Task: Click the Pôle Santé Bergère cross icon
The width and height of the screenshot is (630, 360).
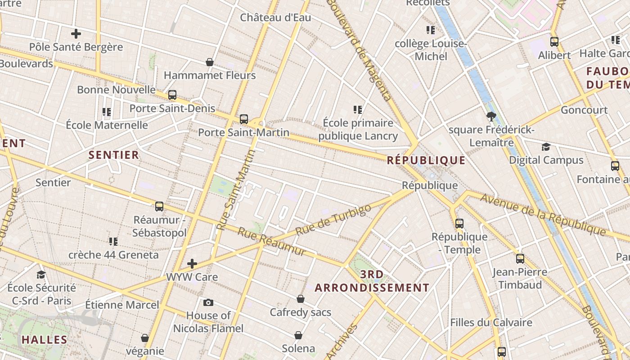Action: pos(76,33)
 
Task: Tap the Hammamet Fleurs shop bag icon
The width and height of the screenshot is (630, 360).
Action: pos(209,62)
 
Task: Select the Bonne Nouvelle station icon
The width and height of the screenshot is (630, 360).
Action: pos(172,95)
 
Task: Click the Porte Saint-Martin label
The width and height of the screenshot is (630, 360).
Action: pos(243,132)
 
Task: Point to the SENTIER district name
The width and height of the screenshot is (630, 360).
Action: pos(114,155)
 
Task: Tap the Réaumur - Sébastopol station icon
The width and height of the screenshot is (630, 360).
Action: pos(159,207)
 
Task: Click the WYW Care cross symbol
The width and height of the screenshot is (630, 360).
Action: pos(192,263)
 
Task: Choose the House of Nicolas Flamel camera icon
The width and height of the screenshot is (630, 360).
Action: pos(208,302)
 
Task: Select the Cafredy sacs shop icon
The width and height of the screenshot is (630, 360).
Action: pos(300,299)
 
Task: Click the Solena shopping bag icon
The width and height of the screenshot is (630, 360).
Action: pos(298,335)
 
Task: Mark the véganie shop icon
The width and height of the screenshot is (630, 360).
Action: pos(145,337)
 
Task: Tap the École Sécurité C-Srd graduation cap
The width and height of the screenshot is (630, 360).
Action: pos(41,274)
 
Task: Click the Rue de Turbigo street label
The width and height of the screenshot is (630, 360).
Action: pos(333,220)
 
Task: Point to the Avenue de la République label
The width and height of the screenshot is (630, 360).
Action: pos(543,214)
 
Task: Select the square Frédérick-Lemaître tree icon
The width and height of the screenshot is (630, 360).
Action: pos(491,117)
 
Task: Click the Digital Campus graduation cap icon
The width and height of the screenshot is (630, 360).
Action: pos(546,147)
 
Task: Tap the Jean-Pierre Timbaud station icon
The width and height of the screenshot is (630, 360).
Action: pos(520,259)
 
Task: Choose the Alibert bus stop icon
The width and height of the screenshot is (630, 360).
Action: pos(554,42)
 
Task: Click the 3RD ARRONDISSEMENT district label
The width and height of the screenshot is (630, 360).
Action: pos(372,281)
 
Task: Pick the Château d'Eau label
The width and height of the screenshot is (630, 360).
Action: pos(275,18)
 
